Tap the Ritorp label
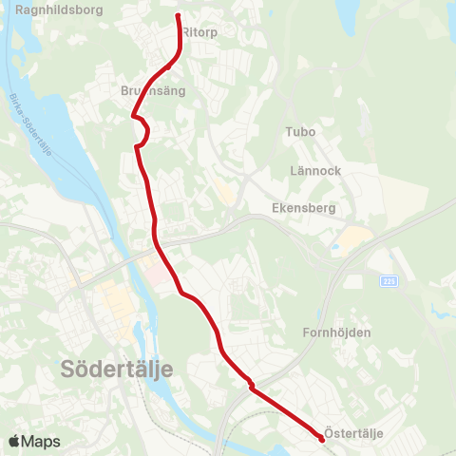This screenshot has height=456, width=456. pos(199,31)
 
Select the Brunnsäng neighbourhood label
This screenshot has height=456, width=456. pos(153,91)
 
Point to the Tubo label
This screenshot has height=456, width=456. pos(300,132)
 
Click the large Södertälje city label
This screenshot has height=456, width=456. pos(115,368)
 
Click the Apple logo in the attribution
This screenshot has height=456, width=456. pos(14,441)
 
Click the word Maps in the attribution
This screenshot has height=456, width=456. pos(41,441)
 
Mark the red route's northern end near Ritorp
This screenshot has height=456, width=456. pos(179,16)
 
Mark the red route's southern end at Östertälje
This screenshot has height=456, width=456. pos(320,438)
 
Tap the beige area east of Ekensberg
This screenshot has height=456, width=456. pos(351,237)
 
